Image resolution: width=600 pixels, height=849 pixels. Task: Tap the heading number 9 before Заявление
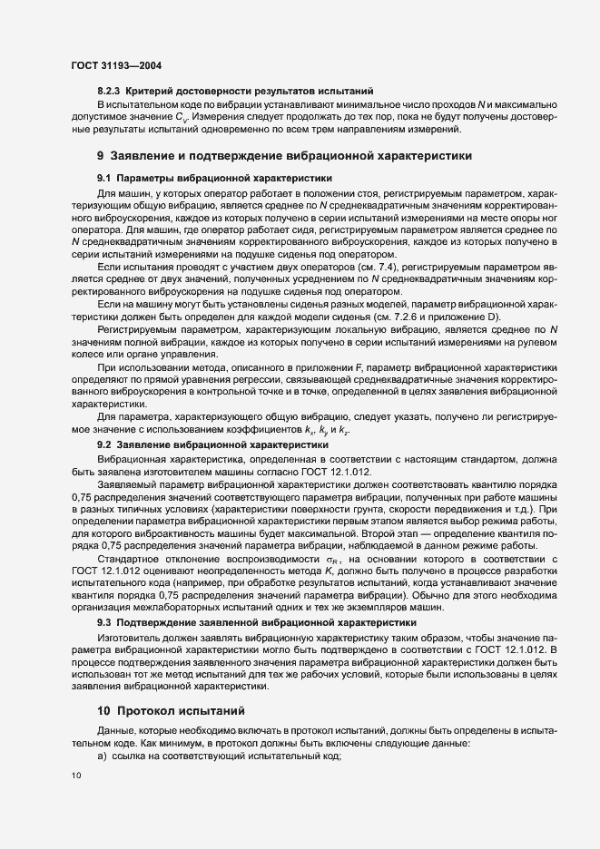tap(101, 155)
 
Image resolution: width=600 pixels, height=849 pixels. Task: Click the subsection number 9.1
tap(103, 179)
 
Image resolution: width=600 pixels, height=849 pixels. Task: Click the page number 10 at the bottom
tap(75, 776)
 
